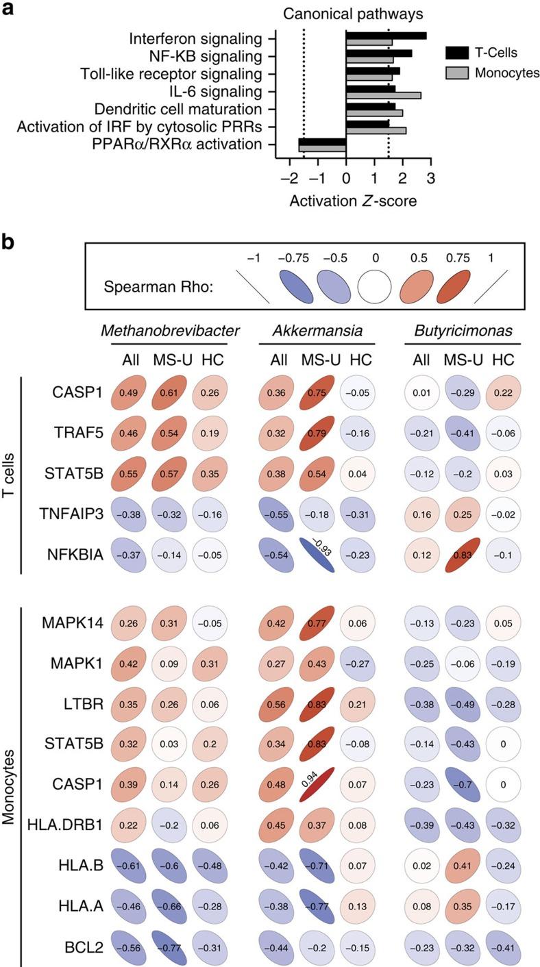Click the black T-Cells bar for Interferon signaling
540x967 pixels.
pos(385,36)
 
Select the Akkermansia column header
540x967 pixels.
pos(317,331)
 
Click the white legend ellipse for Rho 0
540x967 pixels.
pos(374,286)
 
